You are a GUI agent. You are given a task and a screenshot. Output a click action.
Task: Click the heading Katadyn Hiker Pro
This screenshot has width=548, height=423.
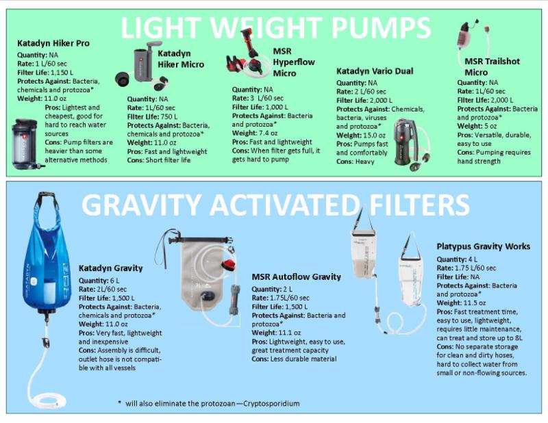53,43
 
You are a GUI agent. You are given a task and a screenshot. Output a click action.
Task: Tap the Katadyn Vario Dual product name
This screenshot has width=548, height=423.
375,71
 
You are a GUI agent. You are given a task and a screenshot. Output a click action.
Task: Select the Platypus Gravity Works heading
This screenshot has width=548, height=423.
484,246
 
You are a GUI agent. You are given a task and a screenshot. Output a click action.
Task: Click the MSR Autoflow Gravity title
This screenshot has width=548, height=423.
297,277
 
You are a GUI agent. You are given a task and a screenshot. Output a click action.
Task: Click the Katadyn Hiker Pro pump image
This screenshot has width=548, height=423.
26,144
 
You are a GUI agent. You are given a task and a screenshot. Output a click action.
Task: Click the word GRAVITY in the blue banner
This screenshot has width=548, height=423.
141,205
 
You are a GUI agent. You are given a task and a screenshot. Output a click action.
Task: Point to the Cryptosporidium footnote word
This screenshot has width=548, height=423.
271,403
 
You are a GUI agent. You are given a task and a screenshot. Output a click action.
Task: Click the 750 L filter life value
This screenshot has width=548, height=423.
169,116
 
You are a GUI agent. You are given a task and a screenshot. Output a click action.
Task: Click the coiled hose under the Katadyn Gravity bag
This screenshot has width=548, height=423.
47,400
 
